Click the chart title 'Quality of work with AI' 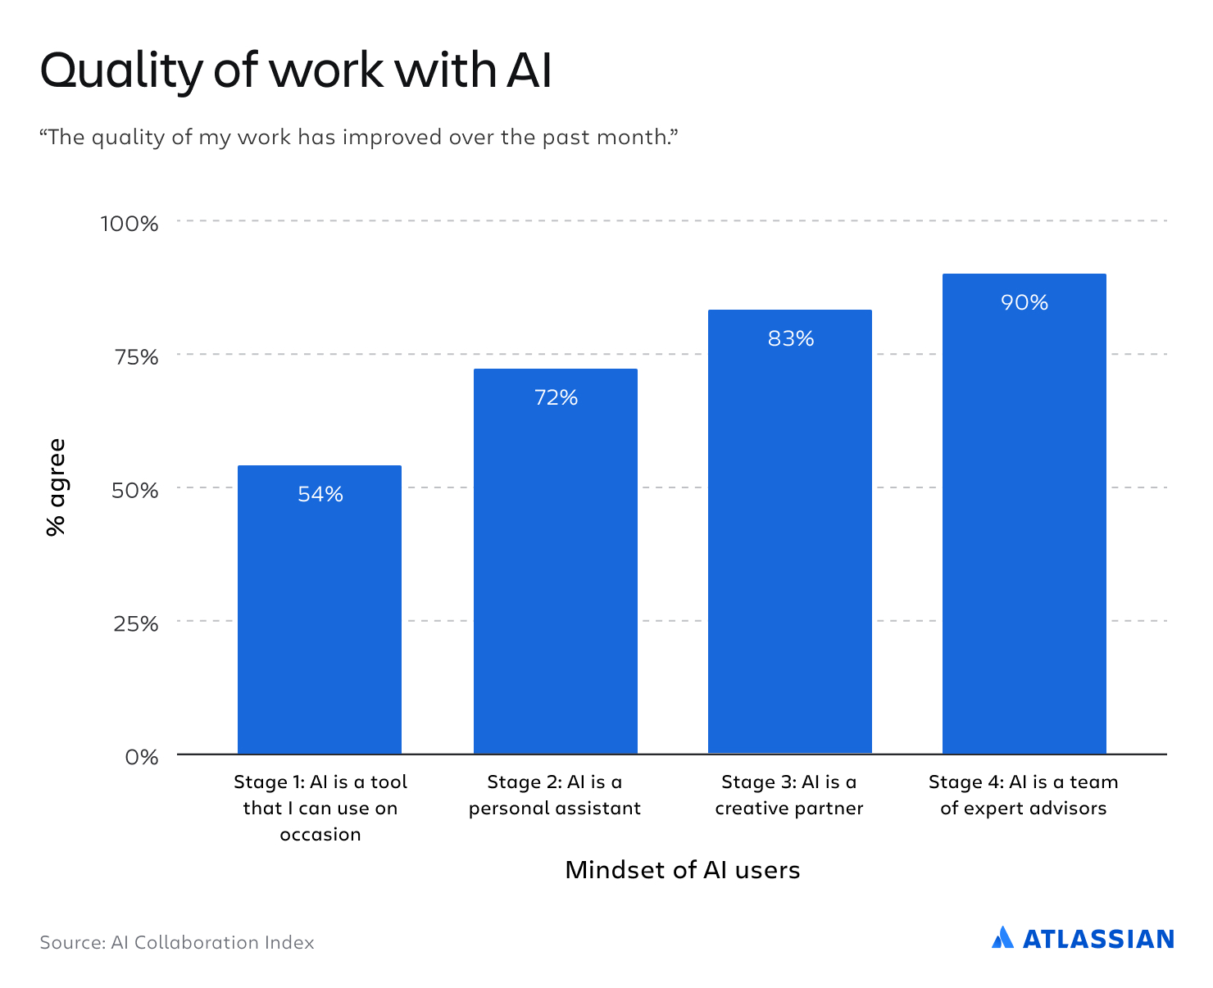pos(296,70)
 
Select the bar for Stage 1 pos(320,610)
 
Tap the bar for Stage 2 pos(556,561)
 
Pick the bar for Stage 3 pos(790,532)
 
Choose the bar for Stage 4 pos(1024,514)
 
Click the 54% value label pos(320,494)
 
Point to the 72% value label pos(556,397)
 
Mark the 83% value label pos(791,338)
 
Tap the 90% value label pos(1024,302)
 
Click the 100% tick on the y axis pos(129,223)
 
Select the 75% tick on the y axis pos(135,356)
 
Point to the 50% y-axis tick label pos(134,490)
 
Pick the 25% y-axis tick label pos(135,623)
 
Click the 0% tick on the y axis pos(142,756)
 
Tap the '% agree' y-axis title pos(56,487)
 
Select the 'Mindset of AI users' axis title pos(682,869)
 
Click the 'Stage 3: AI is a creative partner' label pos(789,795)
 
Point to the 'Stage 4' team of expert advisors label pos(1024,795)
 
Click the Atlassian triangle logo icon pos(1002,937)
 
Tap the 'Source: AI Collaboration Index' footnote pos(177,942)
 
